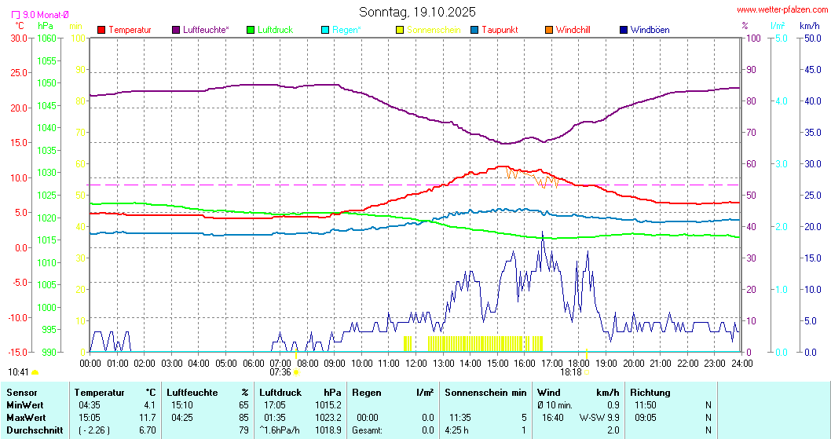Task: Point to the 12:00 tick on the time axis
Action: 416,363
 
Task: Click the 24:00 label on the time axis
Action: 741,363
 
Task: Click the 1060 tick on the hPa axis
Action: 46,38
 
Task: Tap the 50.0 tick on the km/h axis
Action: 810,38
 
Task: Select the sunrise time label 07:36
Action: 280,372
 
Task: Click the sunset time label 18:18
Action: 571,372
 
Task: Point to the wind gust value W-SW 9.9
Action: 599,417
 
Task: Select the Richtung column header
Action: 650,392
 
